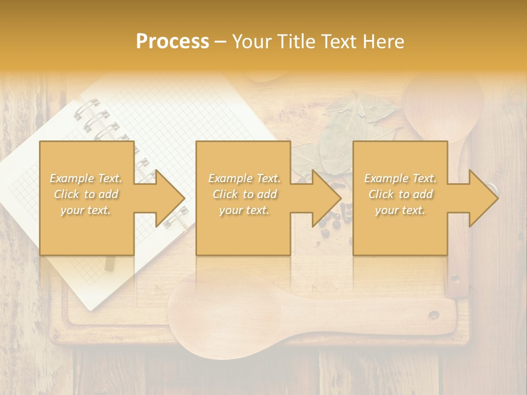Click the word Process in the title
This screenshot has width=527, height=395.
coord(172,42)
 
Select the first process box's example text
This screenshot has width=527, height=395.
coord(86,194)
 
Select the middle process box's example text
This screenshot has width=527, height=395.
coord(244,194)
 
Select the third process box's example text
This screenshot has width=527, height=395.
coord(400,194)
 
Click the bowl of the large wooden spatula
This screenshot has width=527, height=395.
coord(220,307)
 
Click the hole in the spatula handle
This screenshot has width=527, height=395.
coord(434,315)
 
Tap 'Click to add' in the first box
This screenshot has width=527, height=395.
coord(86,194)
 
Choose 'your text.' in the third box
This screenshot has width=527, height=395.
coord(400,210)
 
